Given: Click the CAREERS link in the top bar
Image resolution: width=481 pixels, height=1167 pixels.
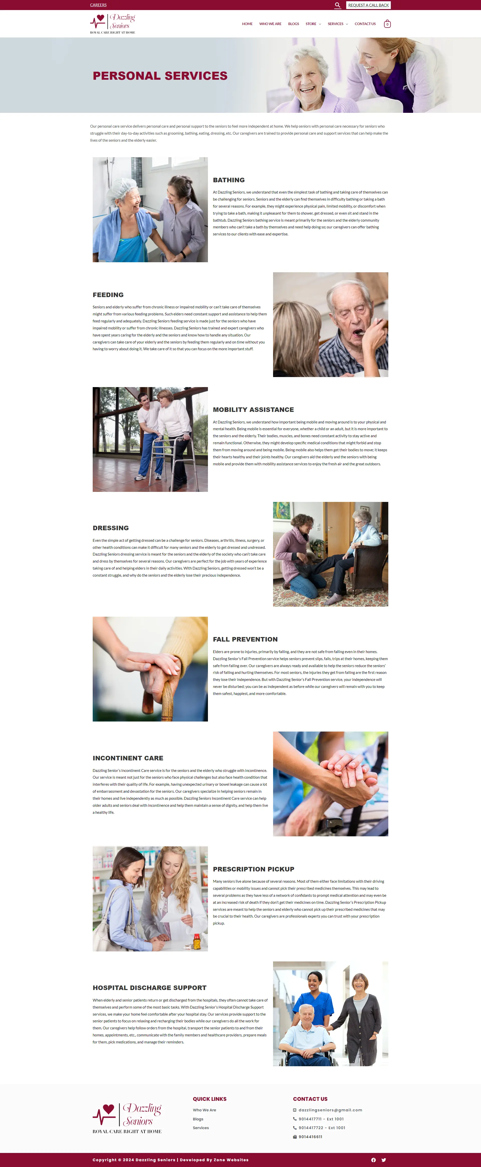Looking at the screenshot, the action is tap(98, 5).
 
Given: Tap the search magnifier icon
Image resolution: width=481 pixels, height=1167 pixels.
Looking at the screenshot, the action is tap(337, 5).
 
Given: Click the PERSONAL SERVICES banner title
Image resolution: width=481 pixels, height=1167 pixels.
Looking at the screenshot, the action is tap(160, 76).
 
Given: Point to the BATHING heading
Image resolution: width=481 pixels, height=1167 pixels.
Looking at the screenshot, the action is tap(229, 180).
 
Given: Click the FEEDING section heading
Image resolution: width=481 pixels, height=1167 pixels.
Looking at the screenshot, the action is tap(108, 295).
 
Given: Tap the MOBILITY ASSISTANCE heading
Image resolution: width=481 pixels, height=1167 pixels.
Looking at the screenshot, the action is tap(253, 410).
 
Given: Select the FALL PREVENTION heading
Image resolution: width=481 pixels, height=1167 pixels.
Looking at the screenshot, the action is tap(245, 639).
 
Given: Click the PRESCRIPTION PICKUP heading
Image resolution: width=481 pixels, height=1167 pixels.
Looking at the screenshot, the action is tap(254, 869).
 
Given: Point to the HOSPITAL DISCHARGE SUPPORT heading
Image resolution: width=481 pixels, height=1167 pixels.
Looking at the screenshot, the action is tap(150, 988).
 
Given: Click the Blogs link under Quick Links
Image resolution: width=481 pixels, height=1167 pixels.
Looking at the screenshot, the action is tap(198, 1119).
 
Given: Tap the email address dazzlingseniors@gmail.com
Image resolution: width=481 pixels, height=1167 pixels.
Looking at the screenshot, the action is tap(330, 1110).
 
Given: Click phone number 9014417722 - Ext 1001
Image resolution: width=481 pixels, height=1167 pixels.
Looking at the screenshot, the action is tap(322, 1128).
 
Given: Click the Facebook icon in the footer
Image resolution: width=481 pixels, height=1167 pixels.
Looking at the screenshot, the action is tap(374, 1160).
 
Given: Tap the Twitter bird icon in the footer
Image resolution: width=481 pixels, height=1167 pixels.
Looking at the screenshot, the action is tap(384, 1160).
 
